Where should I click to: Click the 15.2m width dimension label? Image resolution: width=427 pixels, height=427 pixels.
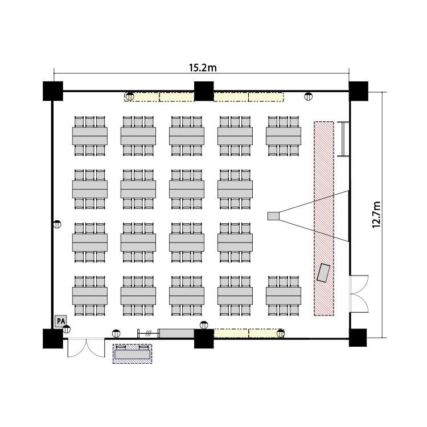click(203, 68)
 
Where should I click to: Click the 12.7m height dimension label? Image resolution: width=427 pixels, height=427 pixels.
click(376, 213)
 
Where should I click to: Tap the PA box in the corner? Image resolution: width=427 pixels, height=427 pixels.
click(60, 321)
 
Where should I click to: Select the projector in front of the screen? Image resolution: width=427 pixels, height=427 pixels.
click(274, 216)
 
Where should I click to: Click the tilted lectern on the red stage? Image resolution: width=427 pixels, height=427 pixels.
click(325, 273)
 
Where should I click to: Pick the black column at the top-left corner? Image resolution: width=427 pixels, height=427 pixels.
click(52, 91)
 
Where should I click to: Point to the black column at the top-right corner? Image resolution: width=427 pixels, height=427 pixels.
click(358, 91)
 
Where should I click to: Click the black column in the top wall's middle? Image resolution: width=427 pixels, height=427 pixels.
click(203, 91)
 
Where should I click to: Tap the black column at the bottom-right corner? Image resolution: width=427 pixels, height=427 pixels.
click(358, 338)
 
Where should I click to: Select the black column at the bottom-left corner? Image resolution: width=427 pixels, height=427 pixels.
click(52, 338)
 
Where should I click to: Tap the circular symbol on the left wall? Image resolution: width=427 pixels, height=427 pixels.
click(57, 224)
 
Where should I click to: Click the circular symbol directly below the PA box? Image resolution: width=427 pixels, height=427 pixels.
click(67, 329)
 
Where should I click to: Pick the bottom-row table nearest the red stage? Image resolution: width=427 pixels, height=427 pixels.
click(284, 295)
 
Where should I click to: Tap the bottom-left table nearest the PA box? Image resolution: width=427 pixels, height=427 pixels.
click(90, 295)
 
